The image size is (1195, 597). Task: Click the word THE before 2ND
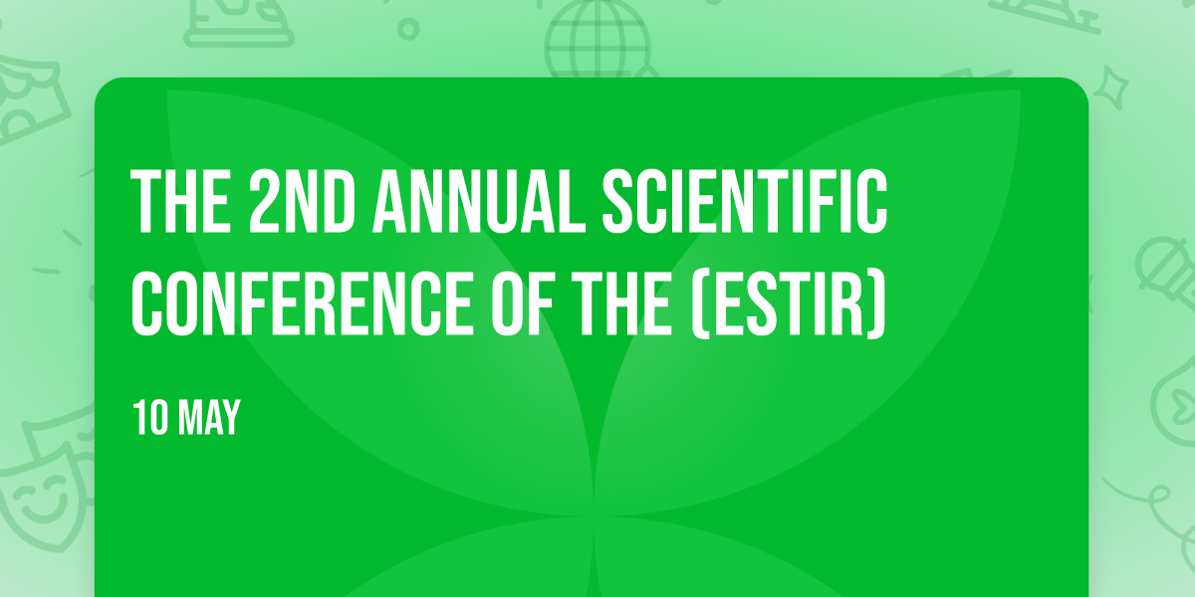pos(181,201)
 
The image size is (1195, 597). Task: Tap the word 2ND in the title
pos(302,201)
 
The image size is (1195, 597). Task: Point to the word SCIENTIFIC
pos(745,201)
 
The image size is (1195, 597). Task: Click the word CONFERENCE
pos(302,303)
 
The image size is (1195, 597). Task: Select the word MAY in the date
pos(209,418)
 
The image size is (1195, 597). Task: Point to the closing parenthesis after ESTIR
pos(877,304)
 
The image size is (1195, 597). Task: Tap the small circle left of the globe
pos(408,29)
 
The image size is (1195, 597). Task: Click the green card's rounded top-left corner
pos(103,86)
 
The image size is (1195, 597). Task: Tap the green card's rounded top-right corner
pos(1080,86)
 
